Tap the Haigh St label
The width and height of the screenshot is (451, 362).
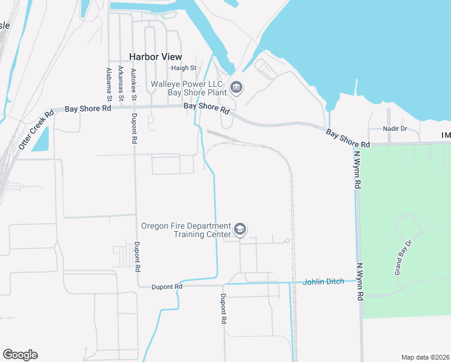(x=184, y=68)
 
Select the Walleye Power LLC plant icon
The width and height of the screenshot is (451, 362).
(x=236, y=88)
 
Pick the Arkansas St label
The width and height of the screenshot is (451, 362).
(x=121, y=83)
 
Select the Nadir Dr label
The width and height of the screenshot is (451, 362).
(x=396, y=129)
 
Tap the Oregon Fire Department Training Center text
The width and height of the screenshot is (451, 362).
(x=186, y=230)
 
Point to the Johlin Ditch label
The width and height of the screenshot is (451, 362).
(x=323, y=281)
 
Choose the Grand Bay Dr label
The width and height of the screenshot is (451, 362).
(x=403, y=258)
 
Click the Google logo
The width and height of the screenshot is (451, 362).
(x=20, y=354)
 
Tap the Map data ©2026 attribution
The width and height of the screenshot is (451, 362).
(x=425, y=357)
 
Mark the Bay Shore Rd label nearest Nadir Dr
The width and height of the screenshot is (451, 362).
(x=348, y=138)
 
